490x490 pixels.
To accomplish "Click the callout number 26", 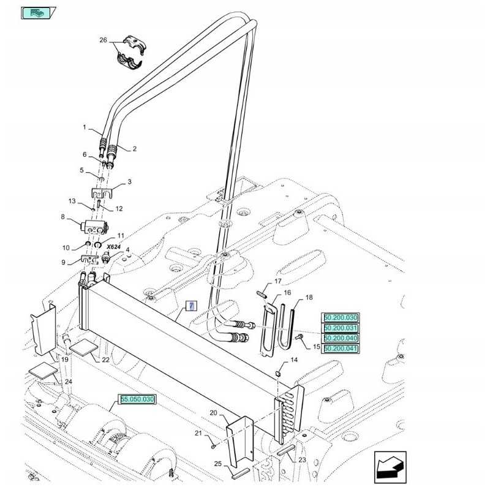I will pos(103,40).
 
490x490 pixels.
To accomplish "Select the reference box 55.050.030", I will pos(137,399).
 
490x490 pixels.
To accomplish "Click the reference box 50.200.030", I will pos(341,317).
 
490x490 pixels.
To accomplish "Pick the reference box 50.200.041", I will pos(341,349).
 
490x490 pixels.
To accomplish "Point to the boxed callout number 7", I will pos(190,306).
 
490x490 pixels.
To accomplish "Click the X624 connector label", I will pos(113,246).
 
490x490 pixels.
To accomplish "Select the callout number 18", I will pos(309,297).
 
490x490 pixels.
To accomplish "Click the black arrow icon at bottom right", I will pos(390,467).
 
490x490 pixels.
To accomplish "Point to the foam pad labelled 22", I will pos(83,347).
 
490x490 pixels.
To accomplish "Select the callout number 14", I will pos(294,360).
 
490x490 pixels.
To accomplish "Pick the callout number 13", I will pos(72,201).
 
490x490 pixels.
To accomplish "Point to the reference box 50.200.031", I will pos(341,328).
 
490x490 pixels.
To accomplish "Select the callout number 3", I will pos(129,182).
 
